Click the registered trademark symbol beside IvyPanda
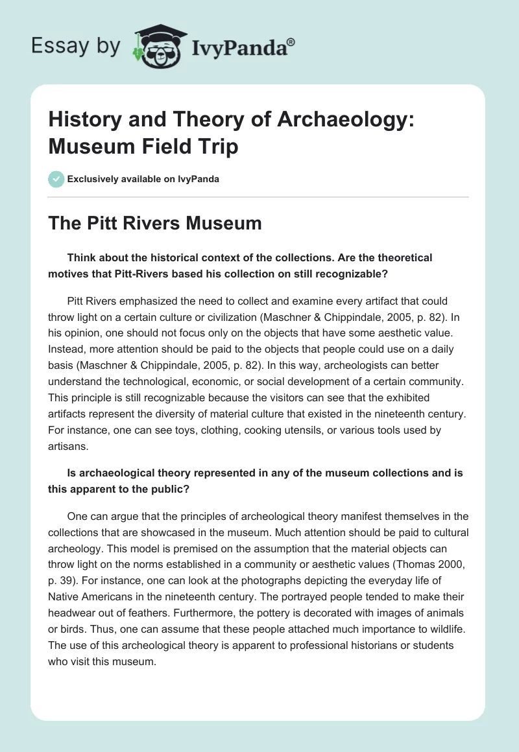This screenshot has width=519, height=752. point(291,41)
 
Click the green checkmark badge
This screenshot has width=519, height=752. point(56,179)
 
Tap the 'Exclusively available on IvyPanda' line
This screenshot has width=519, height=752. point(143,179)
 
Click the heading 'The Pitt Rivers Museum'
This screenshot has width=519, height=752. point(155,224)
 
